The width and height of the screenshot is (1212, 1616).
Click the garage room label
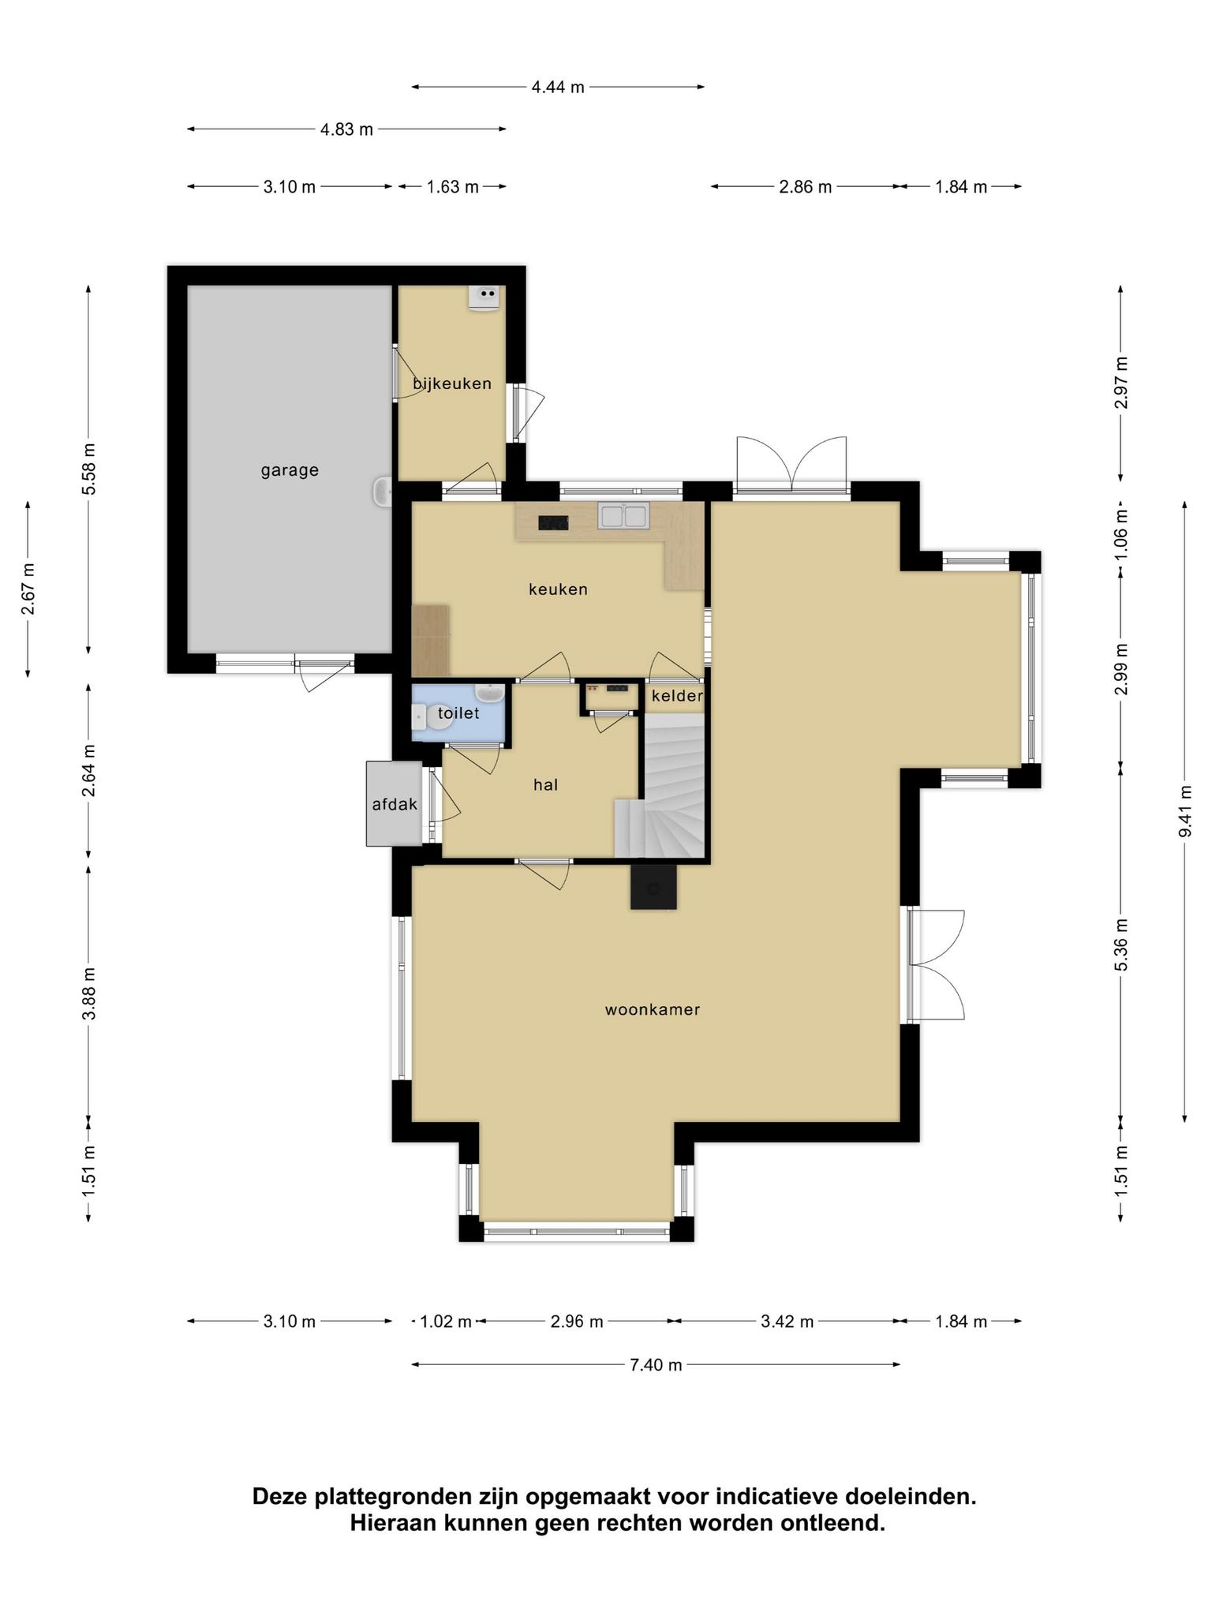click(x=290, y=470)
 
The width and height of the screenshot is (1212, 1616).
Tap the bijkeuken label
click(x=452, y=383)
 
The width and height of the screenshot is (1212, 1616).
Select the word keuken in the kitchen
click(x=558, y=589)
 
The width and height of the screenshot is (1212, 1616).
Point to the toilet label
click(x=458, y=713)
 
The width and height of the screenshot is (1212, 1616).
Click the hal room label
click(x=545, y=784)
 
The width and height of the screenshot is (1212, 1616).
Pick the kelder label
click(x=677, y=696)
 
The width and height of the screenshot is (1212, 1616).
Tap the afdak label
click(x=395, y=805)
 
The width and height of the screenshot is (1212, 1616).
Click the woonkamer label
click(x=653, y=1009)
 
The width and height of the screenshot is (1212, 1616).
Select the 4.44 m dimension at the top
click(x=558, y=87)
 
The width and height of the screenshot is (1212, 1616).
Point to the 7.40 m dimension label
click(x=656, y=1364)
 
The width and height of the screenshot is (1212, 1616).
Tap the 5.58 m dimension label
click(x=88, y=469)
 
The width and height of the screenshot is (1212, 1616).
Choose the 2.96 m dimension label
click(x=577, y=1321)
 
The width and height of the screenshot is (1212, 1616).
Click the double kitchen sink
click(x=623, y=515)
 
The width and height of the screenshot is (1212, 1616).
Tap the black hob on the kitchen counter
click(x=554, y=522)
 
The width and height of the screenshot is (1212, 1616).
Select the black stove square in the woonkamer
click(x=653, y=887)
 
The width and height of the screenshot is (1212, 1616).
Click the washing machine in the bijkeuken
click(x=484, y=297)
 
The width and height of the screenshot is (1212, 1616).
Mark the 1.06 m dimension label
click(x=1121, y=533)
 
